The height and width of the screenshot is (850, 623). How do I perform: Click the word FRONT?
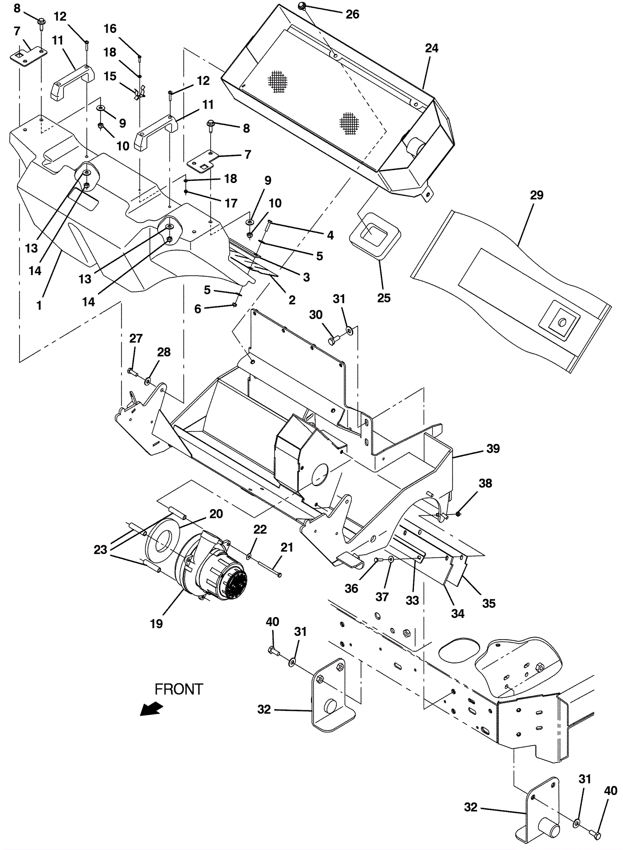point(179,689)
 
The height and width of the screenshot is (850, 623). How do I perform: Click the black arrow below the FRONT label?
point(151,709)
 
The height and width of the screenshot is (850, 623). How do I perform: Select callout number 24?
point(431,48)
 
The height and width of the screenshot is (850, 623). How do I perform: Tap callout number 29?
point(537,195)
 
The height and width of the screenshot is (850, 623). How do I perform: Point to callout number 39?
point(493,448)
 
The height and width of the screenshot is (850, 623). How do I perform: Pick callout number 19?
point(156,623)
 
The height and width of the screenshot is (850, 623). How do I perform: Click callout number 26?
point(352,14)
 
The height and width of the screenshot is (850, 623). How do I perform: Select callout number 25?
point(384,298)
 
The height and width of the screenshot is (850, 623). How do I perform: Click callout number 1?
point(39,306)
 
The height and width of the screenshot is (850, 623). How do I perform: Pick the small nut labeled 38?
point(458,514)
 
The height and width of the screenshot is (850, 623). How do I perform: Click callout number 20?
point(216,514)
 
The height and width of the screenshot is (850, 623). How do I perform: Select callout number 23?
point(100,550)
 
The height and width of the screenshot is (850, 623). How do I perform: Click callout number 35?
point(489,603)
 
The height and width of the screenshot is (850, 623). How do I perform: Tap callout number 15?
point(110,76)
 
